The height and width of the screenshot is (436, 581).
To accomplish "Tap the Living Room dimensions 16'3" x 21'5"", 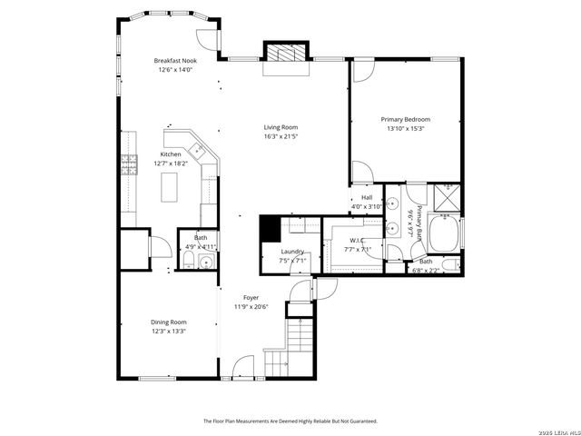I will (x=281, y=136).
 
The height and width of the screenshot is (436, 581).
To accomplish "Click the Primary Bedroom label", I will (x=405, y=120).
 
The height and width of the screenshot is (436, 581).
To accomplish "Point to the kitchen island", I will (x=170, y=187).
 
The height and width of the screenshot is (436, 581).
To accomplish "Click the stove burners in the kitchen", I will (x=129, y=165).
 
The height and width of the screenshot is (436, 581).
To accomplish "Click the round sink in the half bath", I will (x=206, y=263).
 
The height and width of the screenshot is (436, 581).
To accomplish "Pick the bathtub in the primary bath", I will (x=443, y=235).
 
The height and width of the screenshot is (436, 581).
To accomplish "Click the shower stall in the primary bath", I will (x=447, y=195).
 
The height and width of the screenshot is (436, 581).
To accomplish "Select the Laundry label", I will (x=292, y=252).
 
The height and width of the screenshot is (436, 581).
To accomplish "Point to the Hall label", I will (x=367, y=197).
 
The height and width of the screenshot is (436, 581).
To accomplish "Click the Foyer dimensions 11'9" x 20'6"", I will (x=251, y=306).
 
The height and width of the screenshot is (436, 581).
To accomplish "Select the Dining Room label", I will (x=168, y=322).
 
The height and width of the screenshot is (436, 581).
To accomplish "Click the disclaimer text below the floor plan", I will (x=290, y=421).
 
